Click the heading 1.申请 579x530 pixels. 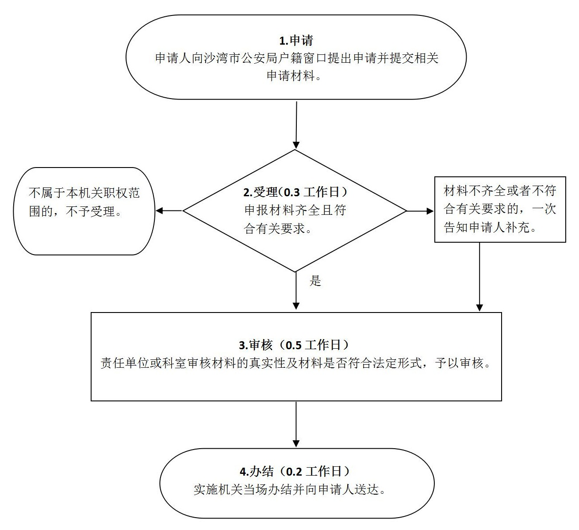tap(296, 40)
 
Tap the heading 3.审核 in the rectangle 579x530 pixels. tap(256, 345)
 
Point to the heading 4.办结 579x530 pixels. tap(257, 472)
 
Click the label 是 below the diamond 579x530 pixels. tap(315, 281)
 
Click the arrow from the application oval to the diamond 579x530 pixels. tap(296, 125)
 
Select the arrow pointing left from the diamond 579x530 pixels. tap(169, 211)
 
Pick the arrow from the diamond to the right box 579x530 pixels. tap(420, 211)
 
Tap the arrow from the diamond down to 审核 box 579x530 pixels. tap(296, 290)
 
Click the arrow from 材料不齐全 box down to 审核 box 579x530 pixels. tap(479, 277)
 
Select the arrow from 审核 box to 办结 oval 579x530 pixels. tap(296, 424)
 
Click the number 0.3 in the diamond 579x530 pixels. tap(292, 192)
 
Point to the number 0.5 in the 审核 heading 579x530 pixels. tap(293, 345)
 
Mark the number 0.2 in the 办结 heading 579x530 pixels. tap(294, 472)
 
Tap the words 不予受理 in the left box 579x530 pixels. tap(90, 212)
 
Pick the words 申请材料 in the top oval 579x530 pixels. tap(290, 76)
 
